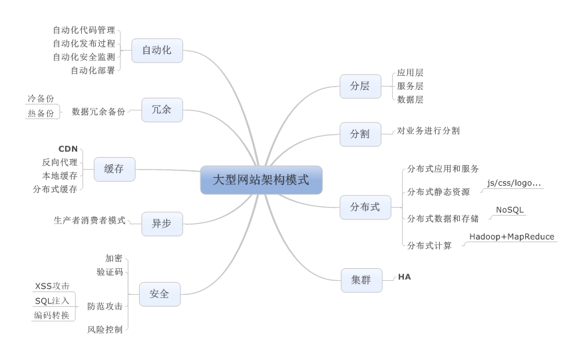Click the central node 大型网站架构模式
coord(261,180)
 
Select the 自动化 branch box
coord(156,51)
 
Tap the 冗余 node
coord(162,110)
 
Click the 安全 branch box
coord(159,293)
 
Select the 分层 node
coord(359,86)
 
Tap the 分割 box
coord(359,134)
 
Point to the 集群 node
coord(361,280)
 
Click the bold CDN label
coord(69,148)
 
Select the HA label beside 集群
coord(405,276)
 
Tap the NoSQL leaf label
coord(510,210)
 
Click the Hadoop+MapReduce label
coord(511,237)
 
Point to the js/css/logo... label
coord(514,183)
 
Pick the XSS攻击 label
coord(52,286)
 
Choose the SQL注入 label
coord(52,301)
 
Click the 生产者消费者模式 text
coord(89,220)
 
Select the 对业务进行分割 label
coord(428,131)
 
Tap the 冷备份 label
coord(41,98)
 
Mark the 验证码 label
coord(109,271)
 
